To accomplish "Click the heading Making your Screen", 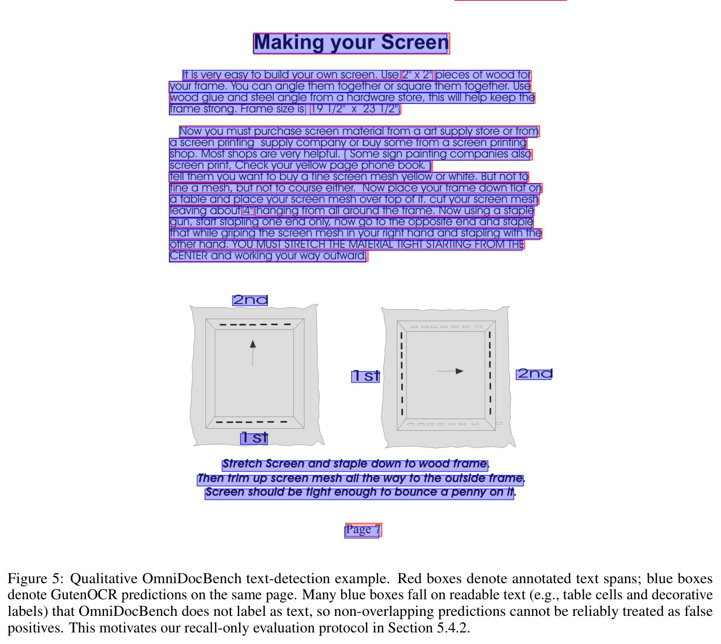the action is [x=351, y=43].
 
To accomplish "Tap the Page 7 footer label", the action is [x=363, y=530].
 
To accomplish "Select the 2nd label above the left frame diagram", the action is [x=250, y=300].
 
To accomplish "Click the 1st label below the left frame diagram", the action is [x=254, y=438].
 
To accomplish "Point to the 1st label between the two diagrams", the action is [x=365, y=376].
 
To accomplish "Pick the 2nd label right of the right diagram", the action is [x=534, y=374].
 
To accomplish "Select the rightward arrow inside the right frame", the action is [x=450, y=371].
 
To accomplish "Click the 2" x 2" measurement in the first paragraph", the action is [x=417, y=75].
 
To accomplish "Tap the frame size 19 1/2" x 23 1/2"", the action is [x=355, y=109].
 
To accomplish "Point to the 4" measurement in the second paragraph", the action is [x=248, y=211].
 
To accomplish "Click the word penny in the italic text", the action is [x=468, y=493].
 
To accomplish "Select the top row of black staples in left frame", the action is [x=255, y=324].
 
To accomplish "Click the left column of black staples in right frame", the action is [x=402, y=374].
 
